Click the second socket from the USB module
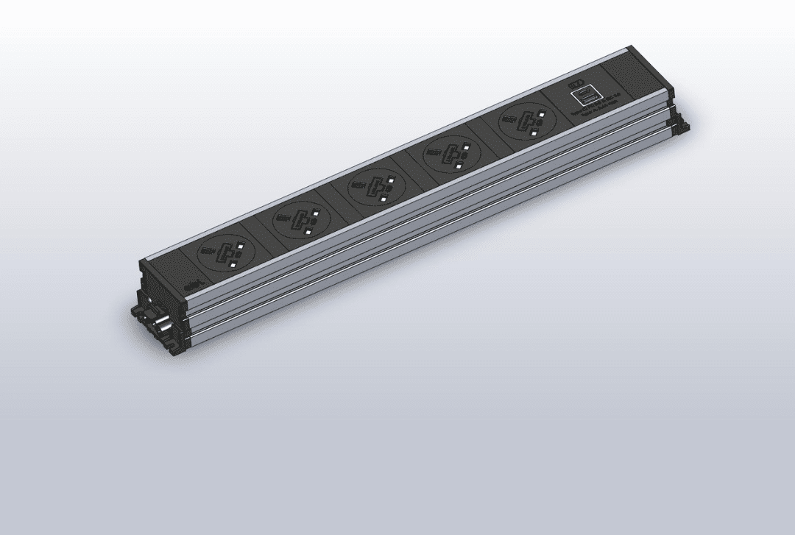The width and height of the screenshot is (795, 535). [450, 155]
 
